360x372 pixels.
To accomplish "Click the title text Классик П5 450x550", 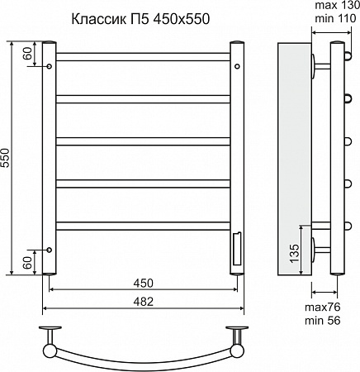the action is (140, 19).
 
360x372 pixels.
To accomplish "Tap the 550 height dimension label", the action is (6, 158).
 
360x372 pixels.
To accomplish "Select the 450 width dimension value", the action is (143, 283).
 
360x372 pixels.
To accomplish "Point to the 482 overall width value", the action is (143, 302).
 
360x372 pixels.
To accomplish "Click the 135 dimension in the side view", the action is (294, 253).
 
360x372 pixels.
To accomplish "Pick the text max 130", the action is (337, 5).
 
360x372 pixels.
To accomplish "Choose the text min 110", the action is (335, 19).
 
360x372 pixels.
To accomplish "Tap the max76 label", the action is (323, 307).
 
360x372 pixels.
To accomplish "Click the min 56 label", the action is (323, 321).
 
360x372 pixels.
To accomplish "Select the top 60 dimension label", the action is (27, 54).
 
